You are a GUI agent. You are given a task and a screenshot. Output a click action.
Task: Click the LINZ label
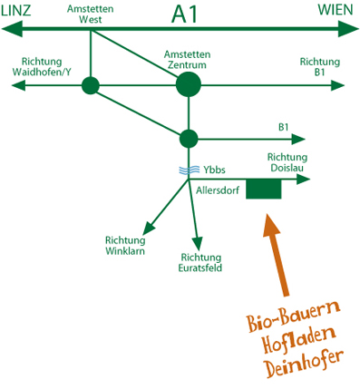16,11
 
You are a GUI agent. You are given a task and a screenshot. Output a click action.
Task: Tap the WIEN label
336,10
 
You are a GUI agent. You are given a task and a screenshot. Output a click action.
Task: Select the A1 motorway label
184,15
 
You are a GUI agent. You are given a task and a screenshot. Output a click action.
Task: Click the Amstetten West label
91,14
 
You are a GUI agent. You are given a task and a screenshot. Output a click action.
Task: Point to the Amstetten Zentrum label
188,60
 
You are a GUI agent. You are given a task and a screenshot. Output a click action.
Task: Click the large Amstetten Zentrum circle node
189,84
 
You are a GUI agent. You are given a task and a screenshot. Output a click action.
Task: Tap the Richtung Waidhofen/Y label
42,67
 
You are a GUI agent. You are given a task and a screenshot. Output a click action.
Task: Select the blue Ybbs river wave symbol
189,170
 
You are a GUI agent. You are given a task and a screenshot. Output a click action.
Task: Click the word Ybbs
214,170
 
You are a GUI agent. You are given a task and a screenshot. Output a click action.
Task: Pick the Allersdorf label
218,190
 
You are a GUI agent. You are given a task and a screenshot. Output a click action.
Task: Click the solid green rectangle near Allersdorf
264,189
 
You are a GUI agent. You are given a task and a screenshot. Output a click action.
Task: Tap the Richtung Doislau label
287,162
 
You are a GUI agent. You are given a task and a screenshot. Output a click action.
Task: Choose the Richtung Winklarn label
125,246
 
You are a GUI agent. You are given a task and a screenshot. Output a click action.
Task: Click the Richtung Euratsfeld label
200,263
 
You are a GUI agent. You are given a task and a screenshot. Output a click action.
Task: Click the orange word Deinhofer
304,364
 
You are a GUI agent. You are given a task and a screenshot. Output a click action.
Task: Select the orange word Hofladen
299,340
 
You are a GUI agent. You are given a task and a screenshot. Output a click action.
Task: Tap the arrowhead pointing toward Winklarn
149,228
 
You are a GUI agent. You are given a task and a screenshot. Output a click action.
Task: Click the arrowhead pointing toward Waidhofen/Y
18,86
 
